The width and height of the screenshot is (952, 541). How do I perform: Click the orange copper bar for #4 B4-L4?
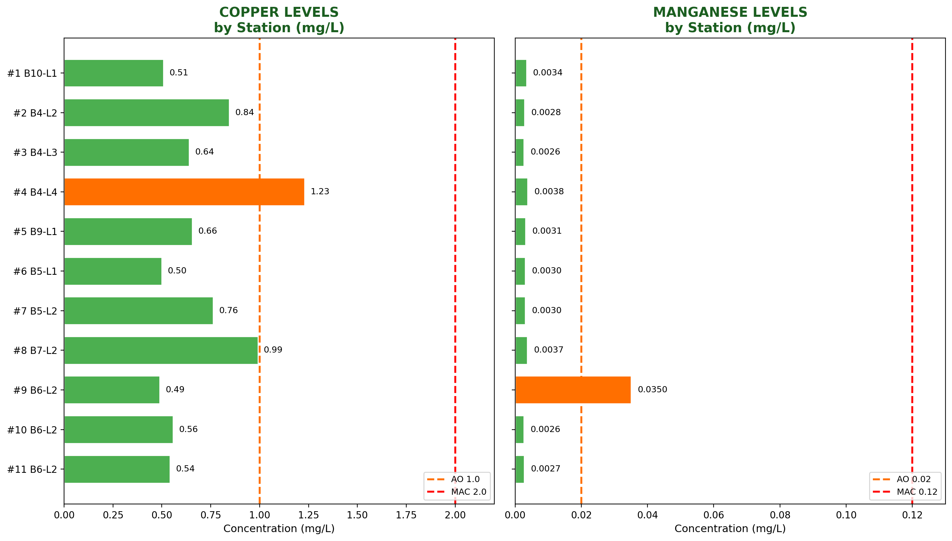[x=184, y=192]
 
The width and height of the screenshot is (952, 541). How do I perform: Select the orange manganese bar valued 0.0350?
[x=573, y=390]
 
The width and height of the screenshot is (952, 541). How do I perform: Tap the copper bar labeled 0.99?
[x=161, y=350]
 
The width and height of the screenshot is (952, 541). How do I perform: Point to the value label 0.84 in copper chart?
[x=244, y=112]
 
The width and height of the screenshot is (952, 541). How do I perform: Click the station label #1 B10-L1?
[x=32, y=73]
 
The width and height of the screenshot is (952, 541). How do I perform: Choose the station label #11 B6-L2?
[x=32, y=469]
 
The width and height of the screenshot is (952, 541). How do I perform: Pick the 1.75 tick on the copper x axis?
[x=406, y=515]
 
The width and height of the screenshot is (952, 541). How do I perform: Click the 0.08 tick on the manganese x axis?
[x=780, y=515]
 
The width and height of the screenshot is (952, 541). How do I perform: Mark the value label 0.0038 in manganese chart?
[x=548, y=192]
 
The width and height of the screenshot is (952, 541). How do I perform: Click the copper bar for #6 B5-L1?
[x=113, y=271]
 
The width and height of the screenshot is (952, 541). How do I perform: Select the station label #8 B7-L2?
[x=35, y=351]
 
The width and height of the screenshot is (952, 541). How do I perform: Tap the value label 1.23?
[x=320, y=192]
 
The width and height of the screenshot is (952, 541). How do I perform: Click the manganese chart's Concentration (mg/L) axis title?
[x=730, y=529]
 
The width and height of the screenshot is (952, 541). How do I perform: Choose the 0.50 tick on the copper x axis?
[x=162, y=515]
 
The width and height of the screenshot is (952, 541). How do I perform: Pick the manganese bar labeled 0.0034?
[x=521, y=73]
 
